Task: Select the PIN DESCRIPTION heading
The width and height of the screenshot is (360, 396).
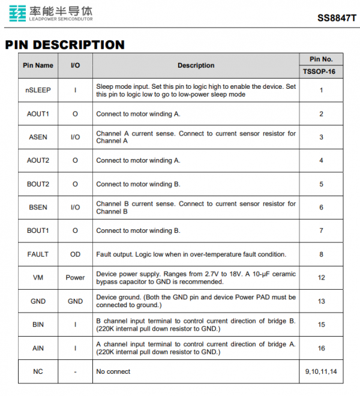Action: [65, 45]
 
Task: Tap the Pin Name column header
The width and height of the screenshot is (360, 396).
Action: [38, 65]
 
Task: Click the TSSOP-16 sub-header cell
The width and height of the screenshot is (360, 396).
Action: [321, 71]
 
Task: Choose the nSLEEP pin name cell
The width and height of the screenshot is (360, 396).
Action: [38, 90]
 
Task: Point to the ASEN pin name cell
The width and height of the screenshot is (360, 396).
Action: [38, 137]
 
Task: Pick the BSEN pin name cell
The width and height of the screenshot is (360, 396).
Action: [38, 207]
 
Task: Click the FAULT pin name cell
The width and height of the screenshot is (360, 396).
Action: [38, 254]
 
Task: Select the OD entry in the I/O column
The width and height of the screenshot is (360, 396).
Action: [75, 254]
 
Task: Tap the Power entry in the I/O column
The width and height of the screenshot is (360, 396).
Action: [75, 278]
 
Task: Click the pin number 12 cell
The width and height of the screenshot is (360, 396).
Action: [322, 278]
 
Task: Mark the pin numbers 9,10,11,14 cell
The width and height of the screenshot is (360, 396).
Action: [322, 371]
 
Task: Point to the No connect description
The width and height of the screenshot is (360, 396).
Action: [113, 371]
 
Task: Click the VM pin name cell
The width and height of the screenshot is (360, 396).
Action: [38, 278]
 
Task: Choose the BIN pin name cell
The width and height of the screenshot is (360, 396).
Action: [38, 325]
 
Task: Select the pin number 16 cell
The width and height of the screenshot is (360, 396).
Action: [322, 348]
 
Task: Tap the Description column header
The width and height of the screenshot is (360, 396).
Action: [196, 65]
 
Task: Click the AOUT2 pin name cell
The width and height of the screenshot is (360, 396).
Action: [38, 160]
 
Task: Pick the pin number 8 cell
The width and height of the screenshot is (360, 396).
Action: [322, 254]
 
